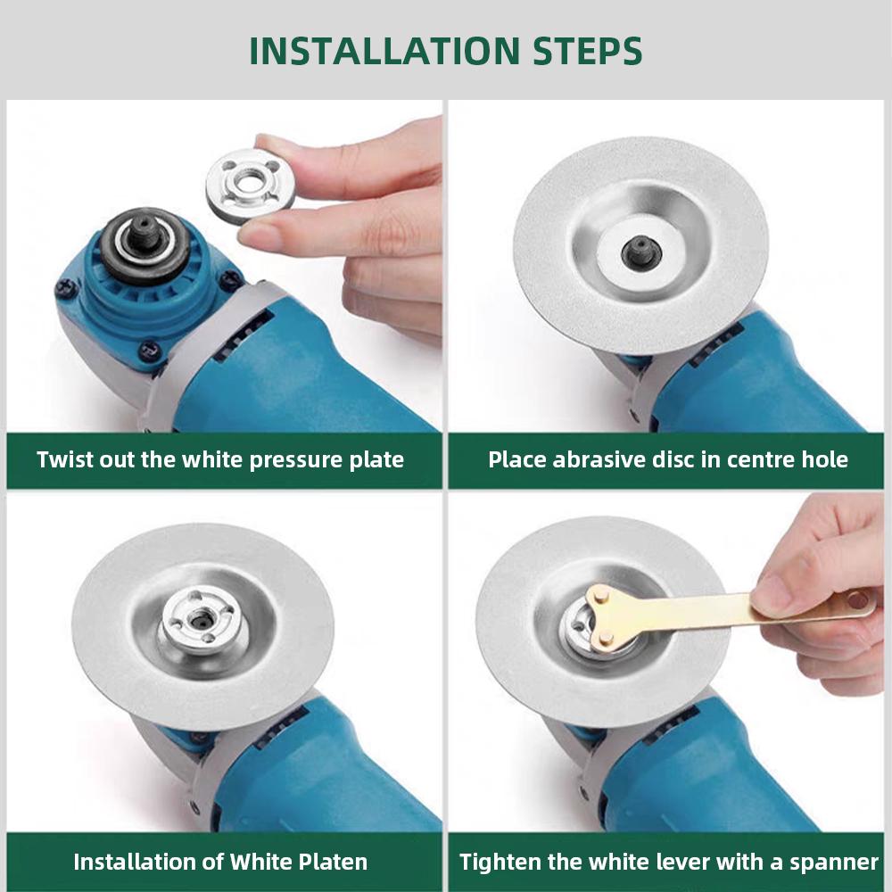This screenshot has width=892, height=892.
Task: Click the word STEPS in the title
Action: [x=581, y=51]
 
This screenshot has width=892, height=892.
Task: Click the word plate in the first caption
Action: [x=377, y=460]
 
